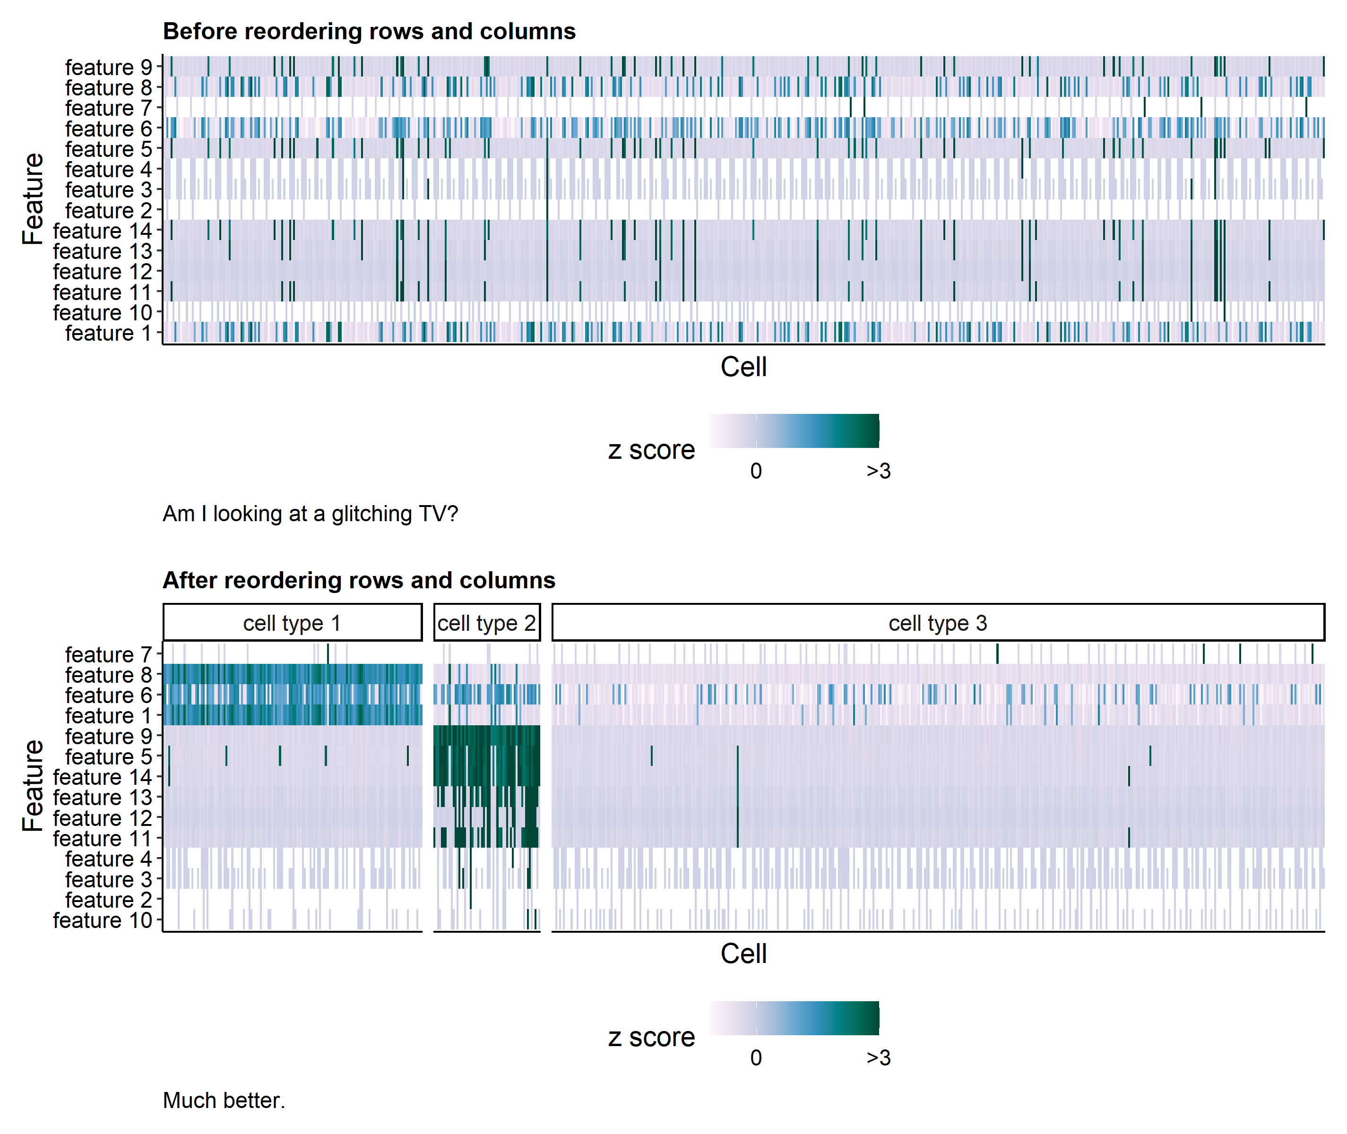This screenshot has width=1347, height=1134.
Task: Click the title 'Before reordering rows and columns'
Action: coord(369,32)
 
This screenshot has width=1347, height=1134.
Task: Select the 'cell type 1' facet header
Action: coord(292,622)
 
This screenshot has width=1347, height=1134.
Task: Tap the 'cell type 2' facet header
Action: coord(487,622)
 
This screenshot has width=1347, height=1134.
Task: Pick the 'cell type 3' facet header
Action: coord(937,622)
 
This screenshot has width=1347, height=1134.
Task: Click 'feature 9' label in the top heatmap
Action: coord(109,67)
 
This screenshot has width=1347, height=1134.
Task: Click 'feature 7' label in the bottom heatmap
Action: coord(109,654)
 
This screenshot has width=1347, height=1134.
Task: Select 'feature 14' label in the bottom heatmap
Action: coord(102,777)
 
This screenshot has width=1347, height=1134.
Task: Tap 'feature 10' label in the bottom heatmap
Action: coord(102,920)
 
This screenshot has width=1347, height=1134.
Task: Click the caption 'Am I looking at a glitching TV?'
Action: coord(310,514)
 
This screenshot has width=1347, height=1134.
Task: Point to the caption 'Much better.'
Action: coord(224,1100)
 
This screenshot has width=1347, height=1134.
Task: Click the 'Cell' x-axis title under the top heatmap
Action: coord(743,367)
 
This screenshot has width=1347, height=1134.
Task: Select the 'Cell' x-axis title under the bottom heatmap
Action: coord(743,954)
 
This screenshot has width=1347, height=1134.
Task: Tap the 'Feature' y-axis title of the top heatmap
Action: coord(32,199)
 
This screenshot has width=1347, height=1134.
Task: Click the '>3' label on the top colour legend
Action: coord(878,471)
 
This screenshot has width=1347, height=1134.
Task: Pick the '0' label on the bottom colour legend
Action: coord(756,1057)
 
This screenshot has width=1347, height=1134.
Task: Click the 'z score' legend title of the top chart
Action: coord(651,449)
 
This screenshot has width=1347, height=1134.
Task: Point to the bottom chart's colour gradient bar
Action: coord(794,1018)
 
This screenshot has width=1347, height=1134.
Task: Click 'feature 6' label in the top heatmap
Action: coord(109,129)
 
